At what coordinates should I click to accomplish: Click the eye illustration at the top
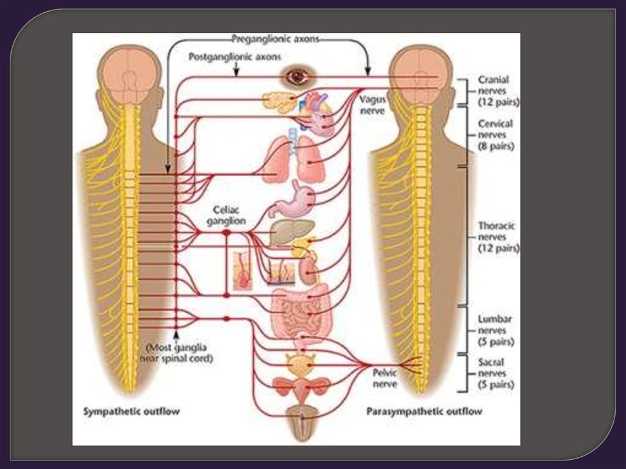(298, 76)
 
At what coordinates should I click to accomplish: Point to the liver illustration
(284, 232)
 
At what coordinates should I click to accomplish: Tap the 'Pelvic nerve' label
(385, 378)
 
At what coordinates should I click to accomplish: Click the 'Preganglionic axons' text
(275, 39)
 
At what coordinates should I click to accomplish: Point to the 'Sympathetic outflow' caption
(131, 412)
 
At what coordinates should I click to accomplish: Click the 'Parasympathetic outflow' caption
(424, 412)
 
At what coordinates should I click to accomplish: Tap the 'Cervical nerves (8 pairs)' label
(495, 135)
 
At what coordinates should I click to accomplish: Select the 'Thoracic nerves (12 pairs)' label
(496, 237)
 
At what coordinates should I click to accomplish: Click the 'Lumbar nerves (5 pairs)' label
(495, 330)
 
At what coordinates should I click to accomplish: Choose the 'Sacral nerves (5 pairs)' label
(495, 374)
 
